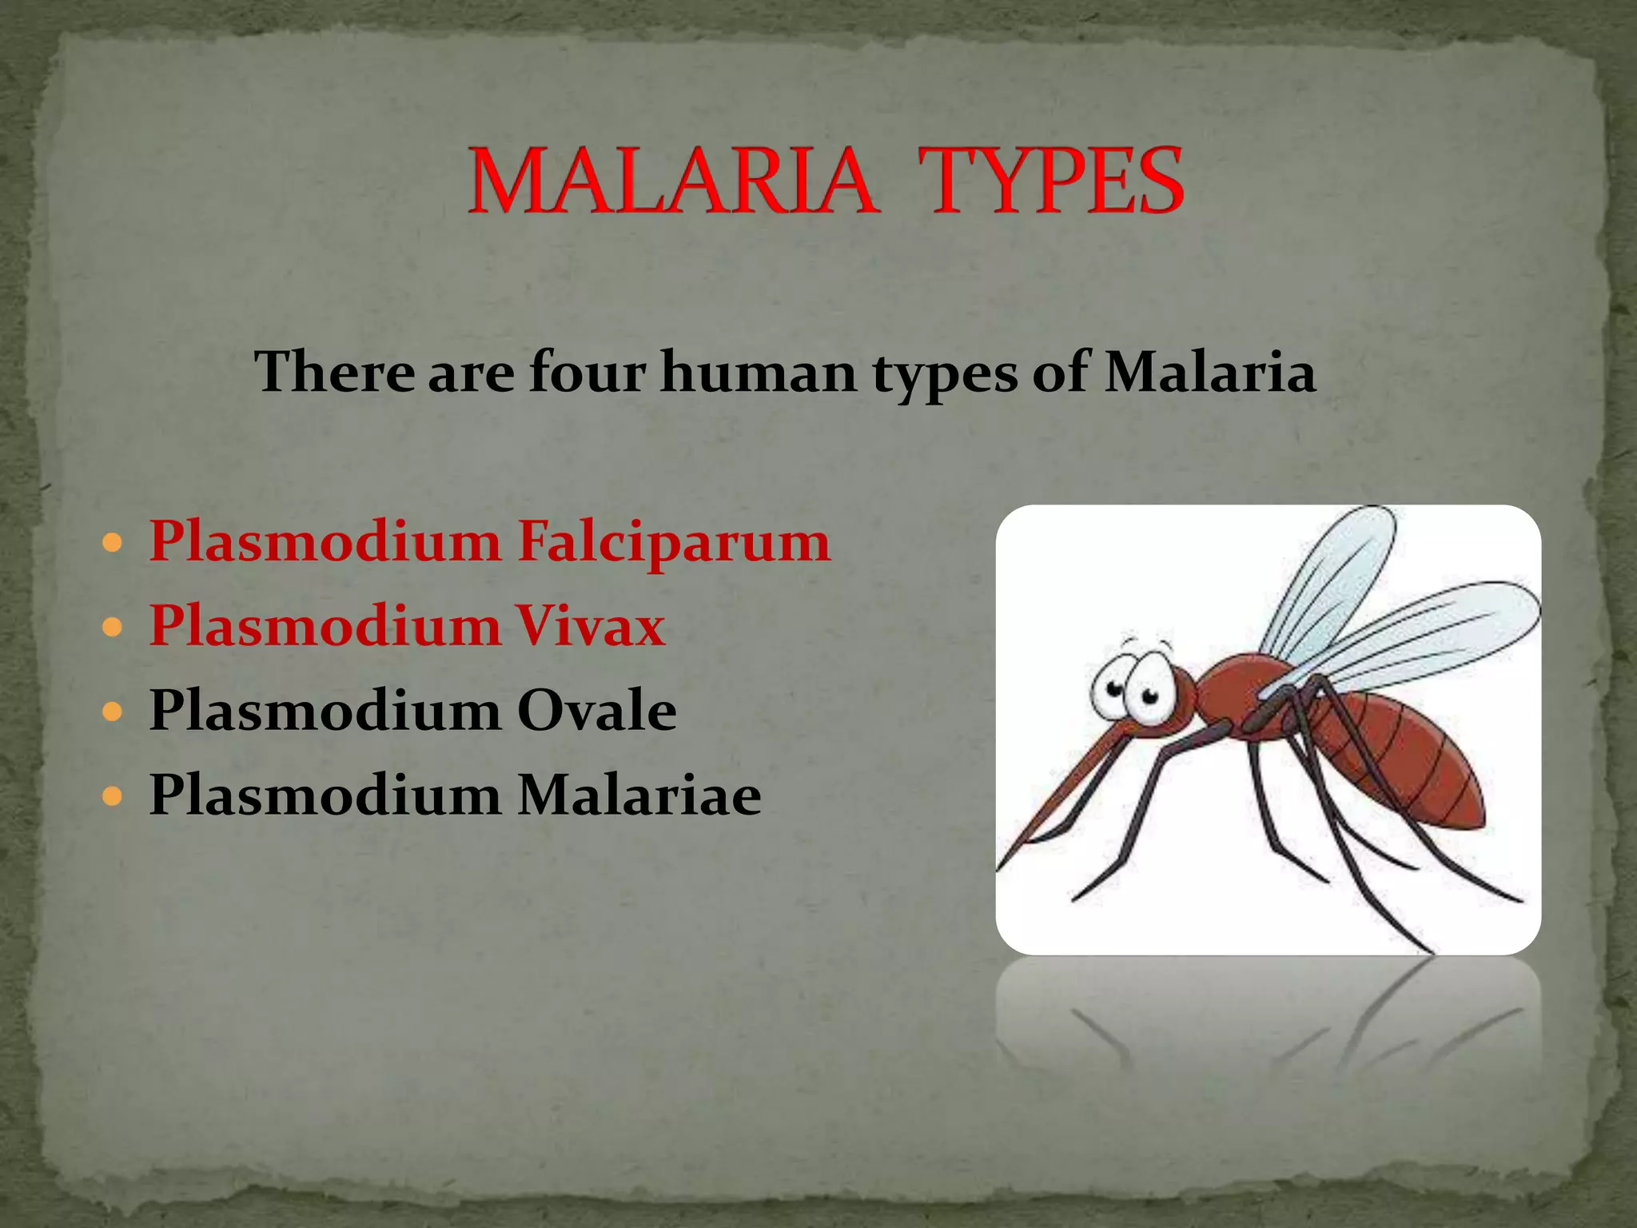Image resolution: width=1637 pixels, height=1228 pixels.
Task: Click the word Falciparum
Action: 674,542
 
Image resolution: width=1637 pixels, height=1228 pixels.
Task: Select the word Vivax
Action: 591,626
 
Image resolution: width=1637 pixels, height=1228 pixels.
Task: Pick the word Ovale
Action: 596,711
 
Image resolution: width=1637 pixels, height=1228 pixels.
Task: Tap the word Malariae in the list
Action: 639,795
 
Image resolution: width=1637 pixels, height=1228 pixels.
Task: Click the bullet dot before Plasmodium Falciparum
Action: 113,544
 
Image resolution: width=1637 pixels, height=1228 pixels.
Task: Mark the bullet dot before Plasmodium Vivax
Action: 113,628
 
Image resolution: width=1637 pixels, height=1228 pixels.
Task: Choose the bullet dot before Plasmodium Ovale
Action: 113,712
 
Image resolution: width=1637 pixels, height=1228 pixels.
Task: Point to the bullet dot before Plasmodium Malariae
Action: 113,796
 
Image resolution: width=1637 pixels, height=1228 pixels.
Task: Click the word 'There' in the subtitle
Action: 334,373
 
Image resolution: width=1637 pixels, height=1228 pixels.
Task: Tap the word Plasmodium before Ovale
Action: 325,711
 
